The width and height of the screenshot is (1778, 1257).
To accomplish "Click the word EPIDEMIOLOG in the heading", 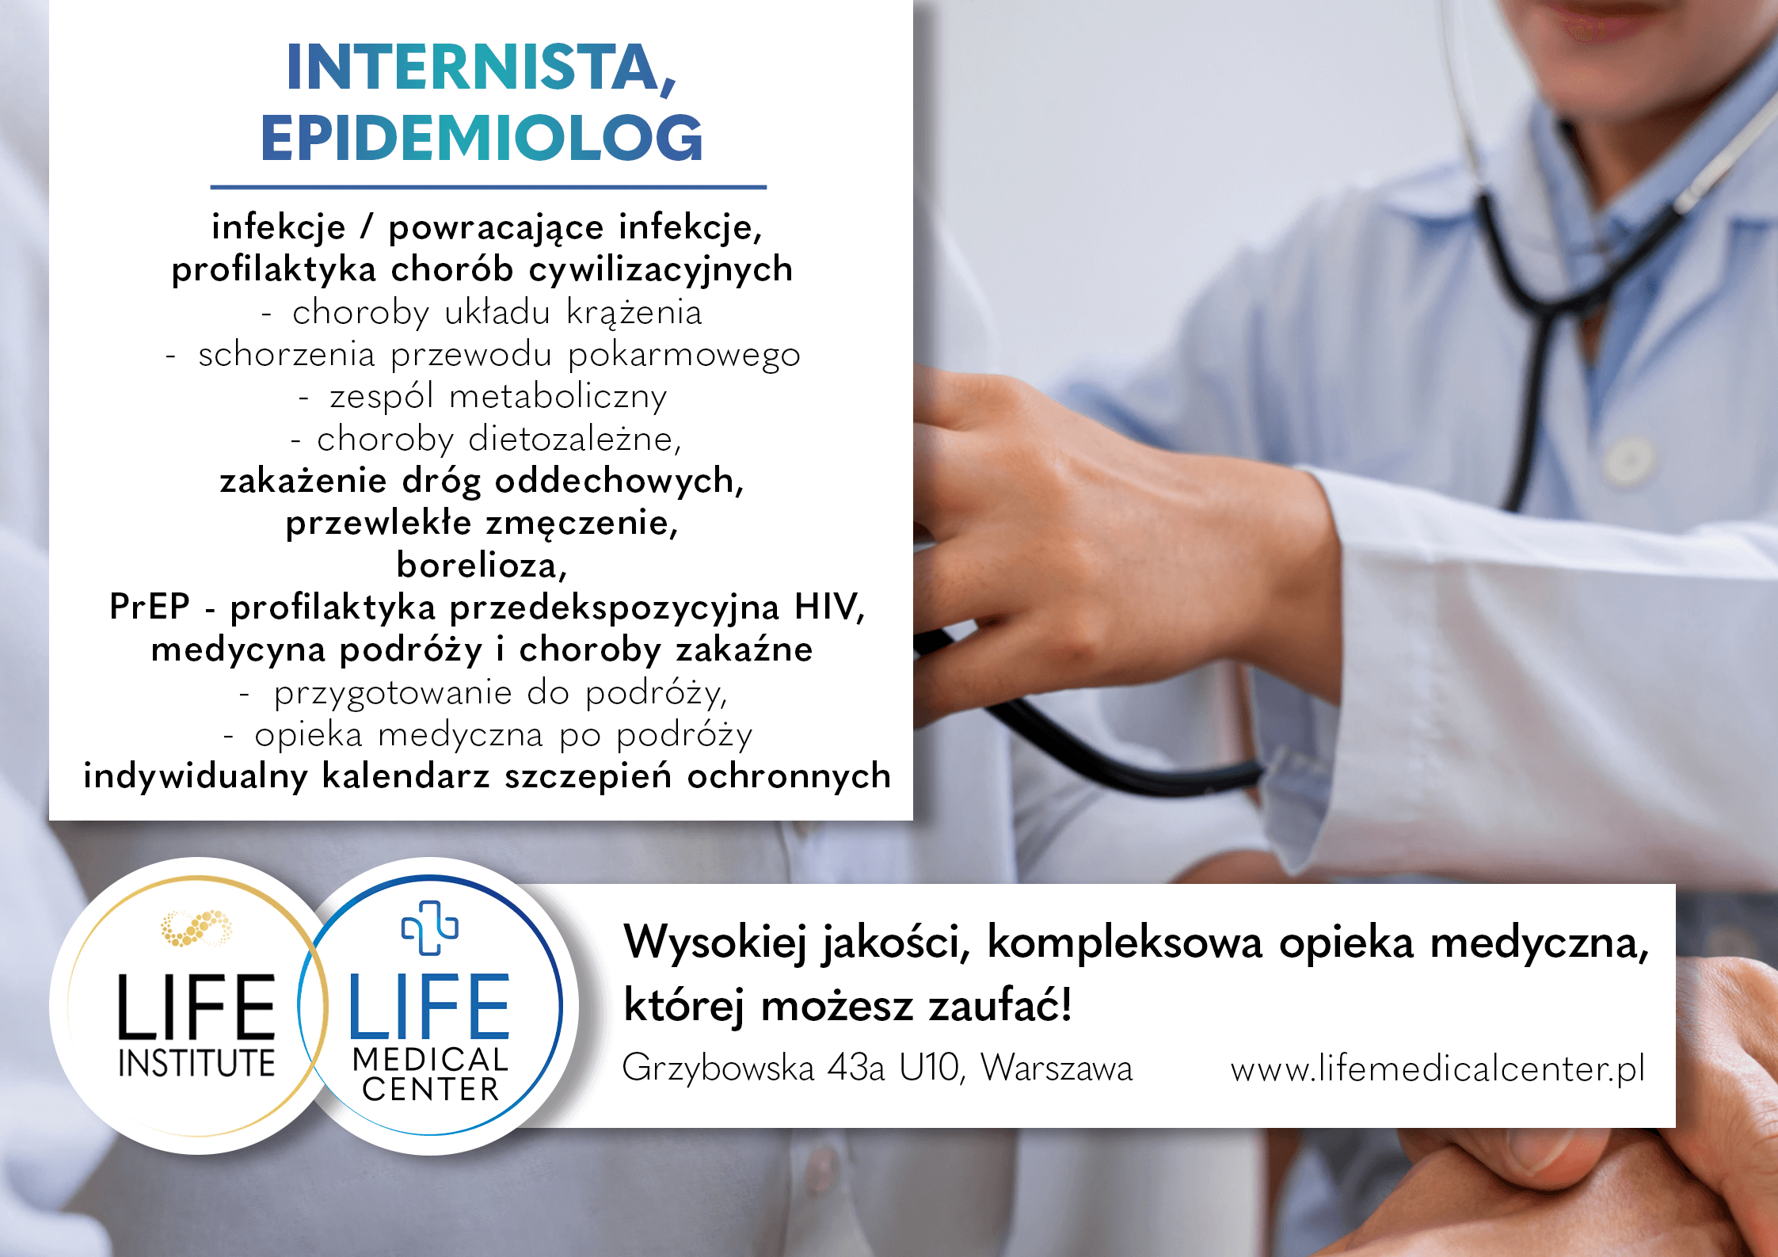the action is click(482, 138).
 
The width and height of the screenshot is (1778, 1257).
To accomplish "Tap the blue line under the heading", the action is click(488, 188).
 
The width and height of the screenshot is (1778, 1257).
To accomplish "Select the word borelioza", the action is click(482, 565).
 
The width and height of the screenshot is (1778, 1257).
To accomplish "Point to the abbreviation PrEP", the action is click(150, 607).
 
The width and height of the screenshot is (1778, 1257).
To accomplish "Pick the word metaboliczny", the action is click(558, 397).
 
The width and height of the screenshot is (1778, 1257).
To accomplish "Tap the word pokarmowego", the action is click(684, 355).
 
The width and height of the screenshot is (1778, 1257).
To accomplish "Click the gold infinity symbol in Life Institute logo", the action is click(196, 928).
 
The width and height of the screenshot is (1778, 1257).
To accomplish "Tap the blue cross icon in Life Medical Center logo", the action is click(429, 928).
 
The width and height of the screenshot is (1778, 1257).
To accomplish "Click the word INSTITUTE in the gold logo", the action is click(196, 1063).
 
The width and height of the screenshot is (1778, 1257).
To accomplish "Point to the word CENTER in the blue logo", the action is click(431, 1089).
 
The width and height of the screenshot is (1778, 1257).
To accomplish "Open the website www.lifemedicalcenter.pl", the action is click(1437, 1069).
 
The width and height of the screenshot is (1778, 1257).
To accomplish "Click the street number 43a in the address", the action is click(855, 1068).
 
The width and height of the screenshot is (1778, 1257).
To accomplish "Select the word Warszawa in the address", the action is click(1057, 1068).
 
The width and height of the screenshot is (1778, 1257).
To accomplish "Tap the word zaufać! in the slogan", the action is click(1001, 1006).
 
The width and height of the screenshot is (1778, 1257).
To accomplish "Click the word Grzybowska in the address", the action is click(718, 1068).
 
